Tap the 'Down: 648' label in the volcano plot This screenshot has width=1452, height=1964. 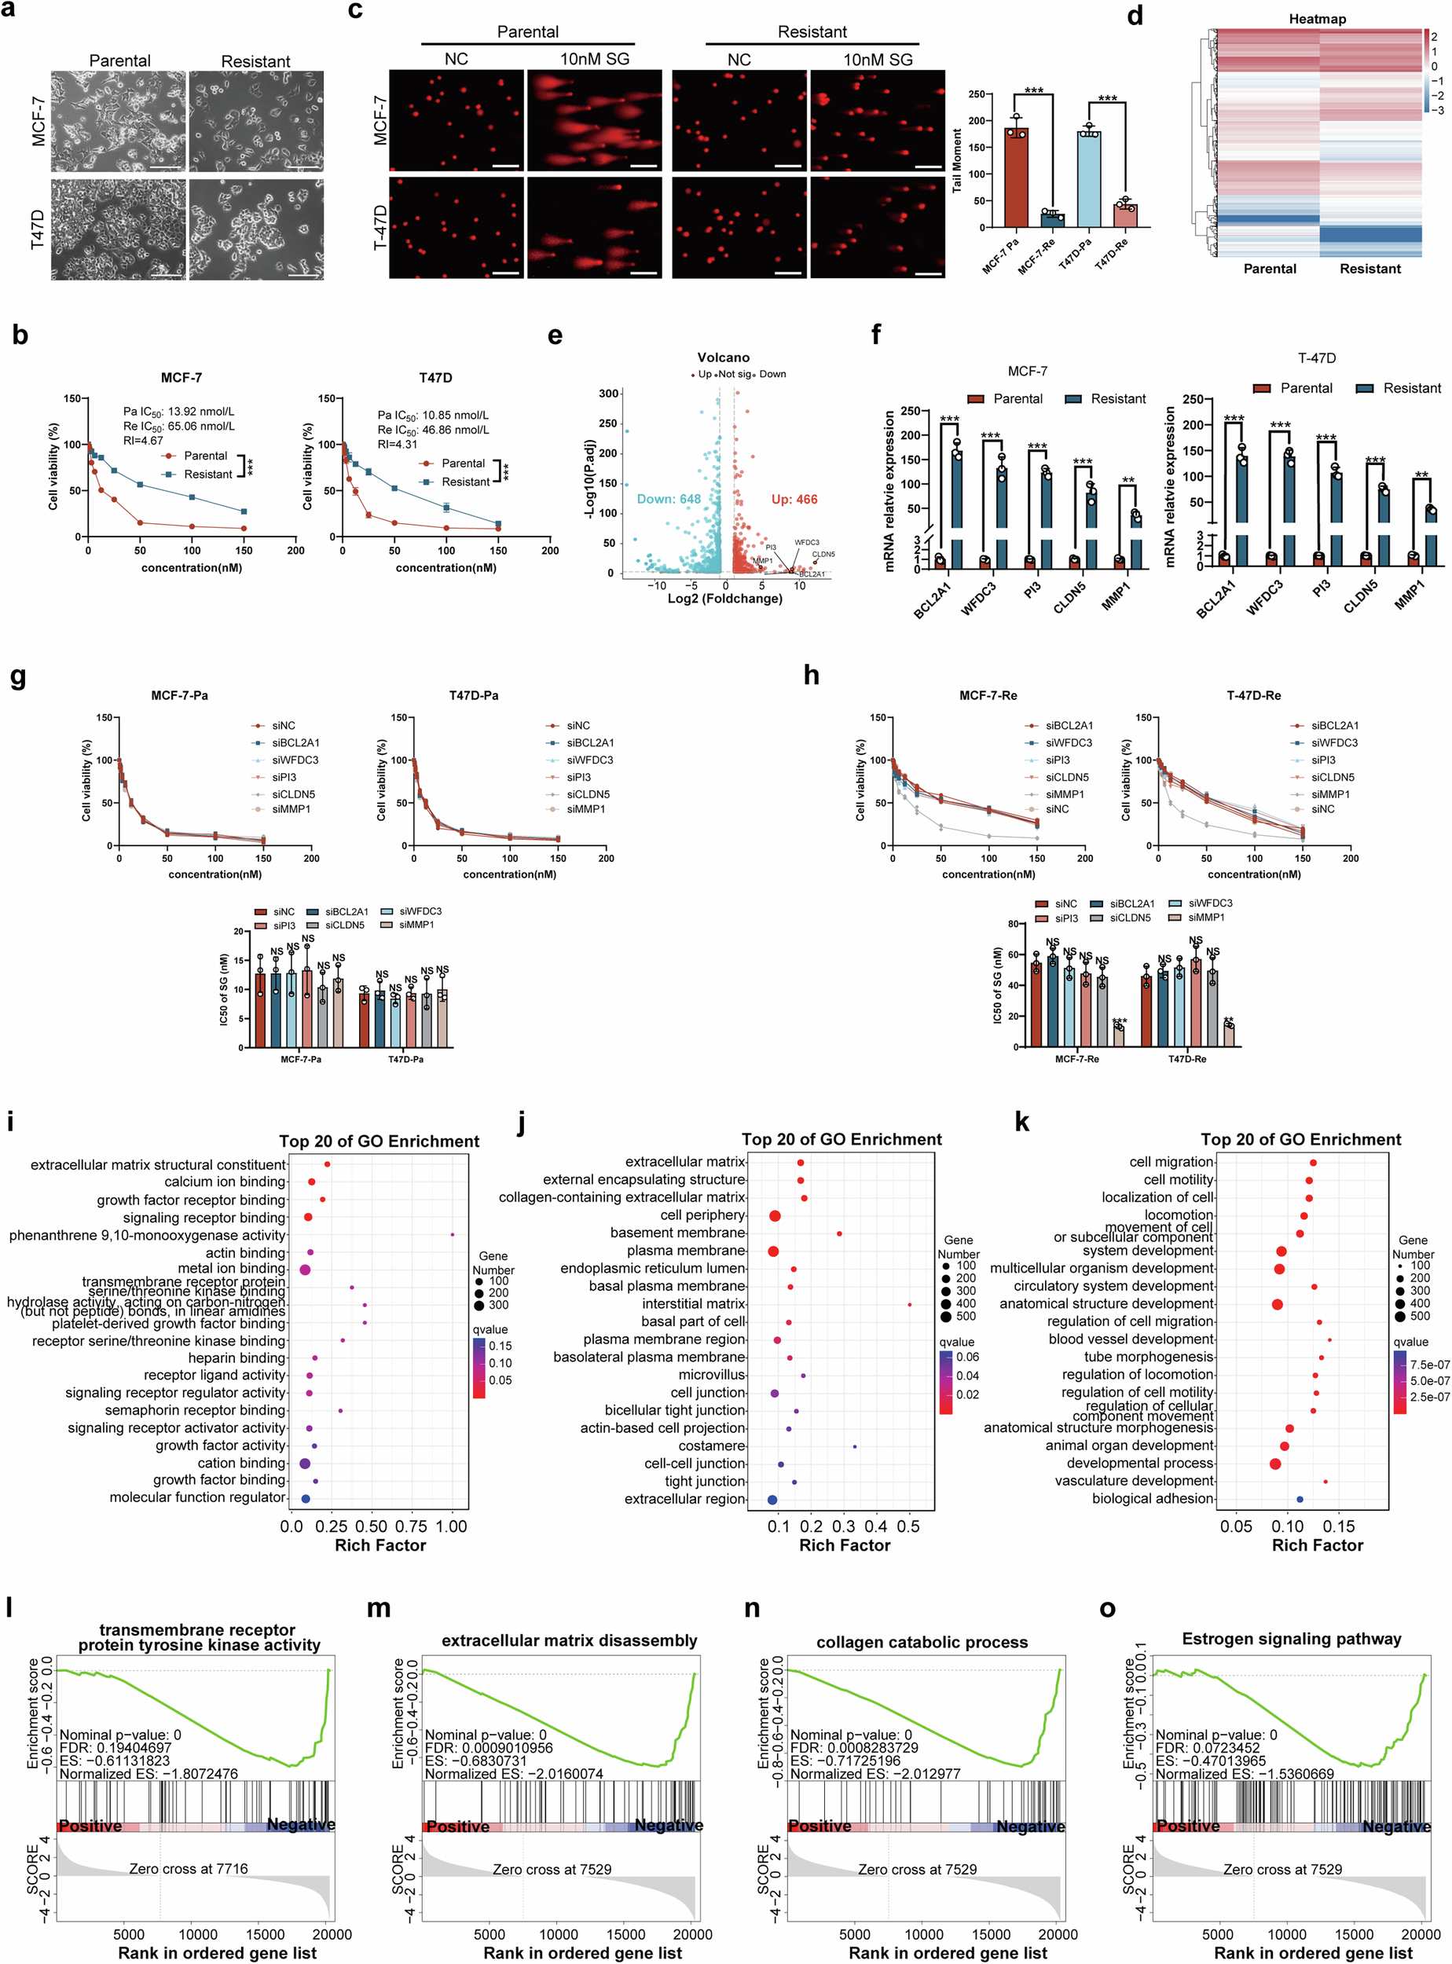[669, 499]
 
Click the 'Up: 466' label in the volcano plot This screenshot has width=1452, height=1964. [794, 499]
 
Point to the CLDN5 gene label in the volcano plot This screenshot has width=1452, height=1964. [823, 555]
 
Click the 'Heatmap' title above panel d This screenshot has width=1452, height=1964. [1317, 18]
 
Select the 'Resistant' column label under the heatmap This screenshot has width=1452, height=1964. [1369, 269]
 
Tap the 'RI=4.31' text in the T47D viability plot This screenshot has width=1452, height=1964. [398, 445]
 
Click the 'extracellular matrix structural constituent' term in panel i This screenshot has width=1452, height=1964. [158, 1164]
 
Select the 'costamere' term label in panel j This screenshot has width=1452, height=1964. [711, 1446]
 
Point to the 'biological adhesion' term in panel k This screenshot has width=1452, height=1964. [1153, 1498]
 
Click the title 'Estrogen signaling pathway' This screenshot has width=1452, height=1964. [1291, 1639]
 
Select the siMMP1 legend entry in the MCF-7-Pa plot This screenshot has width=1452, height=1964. [291, 809]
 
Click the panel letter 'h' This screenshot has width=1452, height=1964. [812, 675]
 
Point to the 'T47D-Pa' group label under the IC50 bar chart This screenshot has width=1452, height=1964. [405, 1059]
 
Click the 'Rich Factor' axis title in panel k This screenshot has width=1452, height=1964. [1317, 1544]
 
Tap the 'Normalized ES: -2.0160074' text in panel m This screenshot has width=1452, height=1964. [513, 1773]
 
